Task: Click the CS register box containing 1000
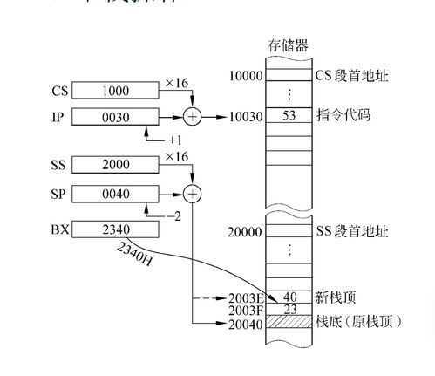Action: point(115,90)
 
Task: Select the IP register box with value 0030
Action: point(115,115)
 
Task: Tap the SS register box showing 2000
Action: point(115,164)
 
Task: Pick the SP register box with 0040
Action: point(115,192)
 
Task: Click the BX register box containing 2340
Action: point(115,230)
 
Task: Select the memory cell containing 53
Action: point(289,115)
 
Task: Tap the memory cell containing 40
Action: point(289,297)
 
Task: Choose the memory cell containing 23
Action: point(289,310)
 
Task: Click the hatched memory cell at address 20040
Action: point(289,324)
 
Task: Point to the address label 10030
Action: point(246,115)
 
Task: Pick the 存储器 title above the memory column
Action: point(289,44)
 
